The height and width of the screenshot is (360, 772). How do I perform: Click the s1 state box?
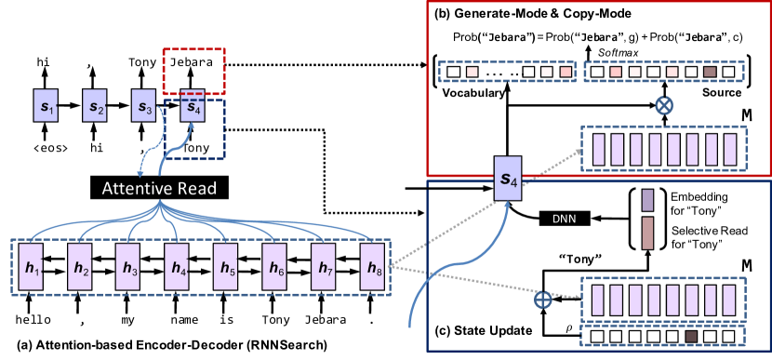[x=47, y=106]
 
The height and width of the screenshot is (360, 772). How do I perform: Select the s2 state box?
[x=95, y=106]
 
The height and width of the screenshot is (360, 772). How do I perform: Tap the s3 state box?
[x=143, y=106]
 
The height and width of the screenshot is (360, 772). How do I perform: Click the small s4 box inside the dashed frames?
[x=193, y=106]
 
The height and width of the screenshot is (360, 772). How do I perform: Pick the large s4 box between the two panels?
[x=508, y=178]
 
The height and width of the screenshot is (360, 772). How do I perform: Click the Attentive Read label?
[x=159, y=189]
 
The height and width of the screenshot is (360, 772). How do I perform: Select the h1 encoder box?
[x=33, y=267]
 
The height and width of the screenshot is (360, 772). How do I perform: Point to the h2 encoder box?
[x=81, y=267]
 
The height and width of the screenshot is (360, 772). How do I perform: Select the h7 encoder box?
[x=323, y=267]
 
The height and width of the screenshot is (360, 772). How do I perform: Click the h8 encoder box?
[x=372, y=267]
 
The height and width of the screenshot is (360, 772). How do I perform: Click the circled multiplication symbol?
[x=663, y=105]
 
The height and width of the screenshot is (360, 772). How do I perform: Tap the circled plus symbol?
[x=543, y=300]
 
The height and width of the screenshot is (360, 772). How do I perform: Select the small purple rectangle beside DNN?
[x=647, y=200]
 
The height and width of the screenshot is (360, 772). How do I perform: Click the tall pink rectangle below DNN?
[x=647, y=233]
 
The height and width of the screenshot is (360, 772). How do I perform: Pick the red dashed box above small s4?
[x=193, y=70]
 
